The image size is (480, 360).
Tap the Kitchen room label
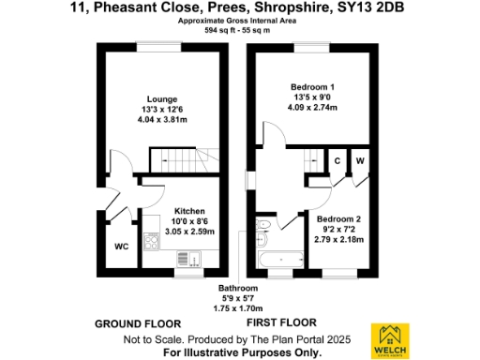click(189, 211)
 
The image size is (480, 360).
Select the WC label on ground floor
click(121, 247)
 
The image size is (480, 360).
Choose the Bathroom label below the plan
click(238, 288)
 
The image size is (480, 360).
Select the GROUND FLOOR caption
click(134, 322)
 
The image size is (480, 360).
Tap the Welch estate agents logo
click(393, 339)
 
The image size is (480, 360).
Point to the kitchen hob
click(151, 240)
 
